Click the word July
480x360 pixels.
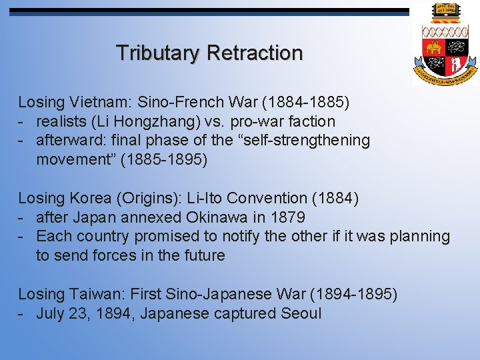(51, 313)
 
